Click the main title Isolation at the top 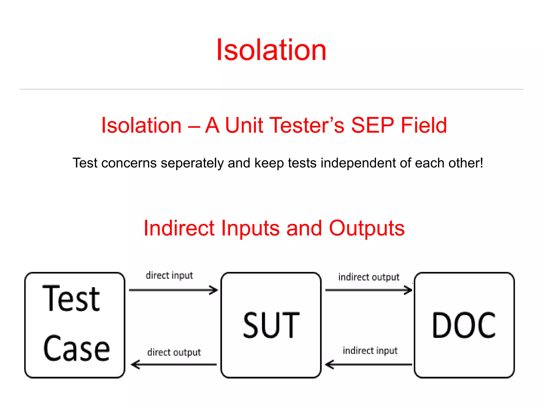tap(271, 50)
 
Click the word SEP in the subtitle tap(372, 125)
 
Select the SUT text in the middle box tap(271, 325)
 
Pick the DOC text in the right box tap(464, 325)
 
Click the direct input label tap(169, 275)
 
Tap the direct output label tap(174, 352)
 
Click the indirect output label tap(369, 277)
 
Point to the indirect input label tap(370, 351)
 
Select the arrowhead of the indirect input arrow tap(329, 365)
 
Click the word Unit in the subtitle tap(244, 125)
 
